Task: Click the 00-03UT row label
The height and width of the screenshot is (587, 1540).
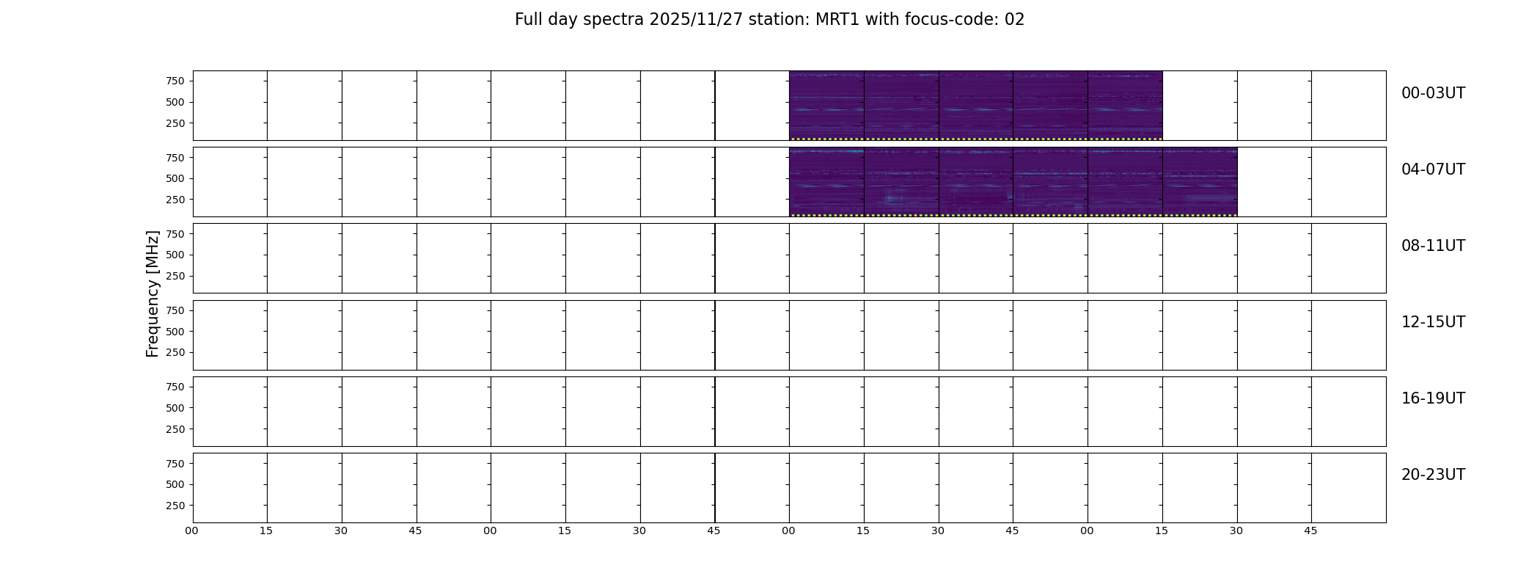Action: (x=1433, y=93)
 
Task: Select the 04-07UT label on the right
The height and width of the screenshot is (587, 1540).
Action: (x=1433, y=169)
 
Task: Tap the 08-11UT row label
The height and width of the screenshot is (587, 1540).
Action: (x=1433, y=246)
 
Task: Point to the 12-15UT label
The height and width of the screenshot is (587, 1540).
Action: (x=1433, y=322)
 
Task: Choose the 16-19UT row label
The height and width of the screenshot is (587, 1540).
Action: (x=1433, y=398)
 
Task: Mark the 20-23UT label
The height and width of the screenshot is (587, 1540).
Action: (x=1433, y=475)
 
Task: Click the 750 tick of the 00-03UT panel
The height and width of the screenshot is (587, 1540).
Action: (x=175, y=81)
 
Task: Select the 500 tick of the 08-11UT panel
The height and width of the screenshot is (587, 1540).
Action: (x=175, y=255)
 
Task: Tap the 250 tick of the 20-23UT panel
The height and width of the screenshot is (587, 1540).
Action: (x=175, y=506)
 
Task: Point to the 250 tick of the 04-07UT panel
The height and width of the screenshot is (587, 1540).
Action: (x=175, y=200)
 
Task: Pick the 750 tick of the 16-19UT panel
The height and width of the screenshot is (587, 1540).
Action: (x=175, y=387)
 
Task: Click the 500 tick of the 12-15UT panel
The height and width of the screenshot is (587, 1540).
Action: (x=175, y=332)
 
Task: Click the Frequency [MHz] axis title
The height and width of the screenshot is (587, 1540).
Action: (x=153, y=293)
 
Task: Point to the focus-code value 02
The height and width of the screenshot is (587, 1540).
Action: (x=1014, y=20)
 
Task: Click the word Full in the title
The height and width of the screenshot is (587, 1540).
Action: (x=527, y=20)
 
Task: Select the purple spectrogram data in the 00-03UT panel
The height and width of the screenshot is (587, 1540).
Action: (x=976, y=106)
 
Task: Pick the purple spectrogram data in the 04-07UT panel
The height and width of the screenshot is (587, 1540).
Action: (x=1013, y=182)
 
